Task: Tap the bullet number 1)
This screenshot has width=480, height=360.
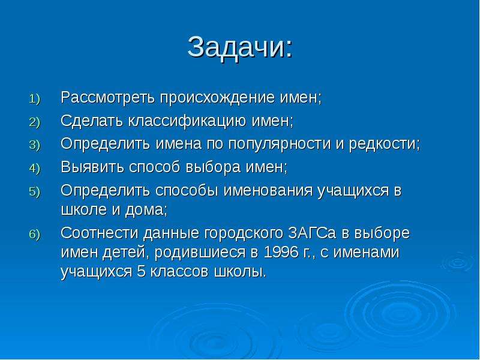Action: tap(35, 99)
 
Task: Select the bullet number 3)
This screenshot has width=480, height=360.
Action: tap(35, 145)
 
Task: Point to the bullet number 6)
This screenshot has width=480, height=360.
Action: tap(35, 235)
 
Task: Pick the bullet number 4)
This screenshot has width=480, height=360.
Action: tap(35, 169)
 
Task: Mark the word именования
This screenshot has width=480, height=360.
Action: tap(268, 190)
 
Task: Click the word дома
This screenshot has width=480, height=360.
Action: tap(144, 210)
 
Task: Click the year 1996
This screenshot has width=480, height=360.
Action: tap(281, 252)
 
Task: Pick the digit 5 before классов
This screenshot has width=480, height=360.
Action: tap(141, 272)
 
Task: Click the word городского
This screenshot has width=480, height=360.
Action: tap(244, 234)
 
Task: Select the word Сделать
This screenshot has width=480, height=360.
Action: tap(92, 121)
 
